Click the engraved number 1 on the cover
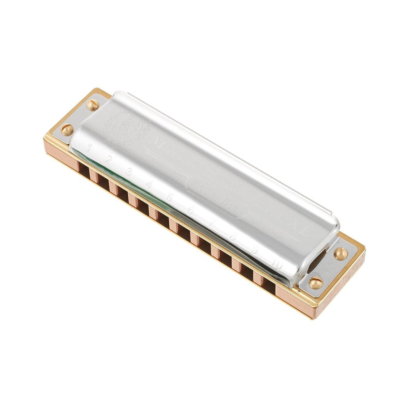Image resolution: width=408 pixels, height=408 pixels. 89,147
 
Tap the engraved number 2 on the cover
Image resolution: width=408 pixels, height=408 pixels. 108,160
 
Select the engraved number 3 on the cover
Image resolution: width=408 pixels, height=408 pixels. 128,173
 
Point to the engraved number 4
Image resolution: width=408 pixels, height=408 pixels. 149,185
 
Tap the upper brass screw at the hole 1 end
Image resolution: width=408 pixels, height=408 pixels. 93,105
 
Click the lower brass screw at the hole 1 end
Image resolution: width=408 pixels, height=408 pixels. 67,130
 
